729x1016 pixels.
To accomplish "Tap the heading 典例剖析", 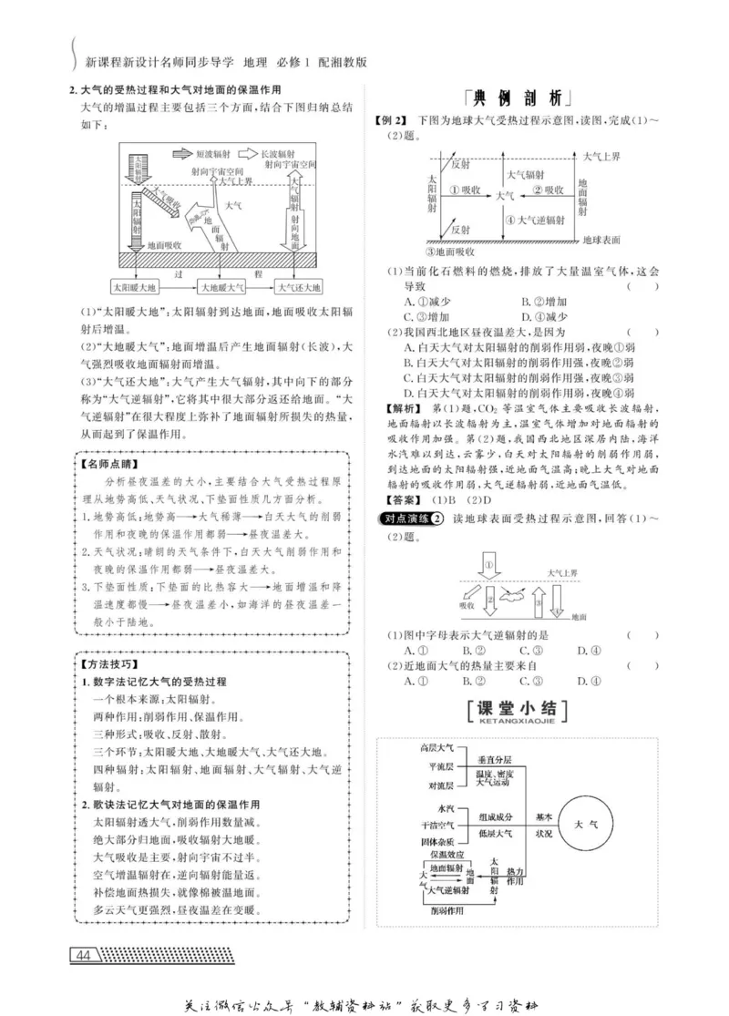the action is click(514, 97).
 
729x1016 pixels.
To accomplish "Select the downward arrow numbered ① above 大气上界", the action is click(490, 568).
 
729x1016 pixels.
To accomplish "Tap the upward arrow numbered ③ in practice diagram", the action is click(539, 602).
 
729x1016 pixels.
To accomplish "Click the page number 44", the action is click(84, 955).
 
